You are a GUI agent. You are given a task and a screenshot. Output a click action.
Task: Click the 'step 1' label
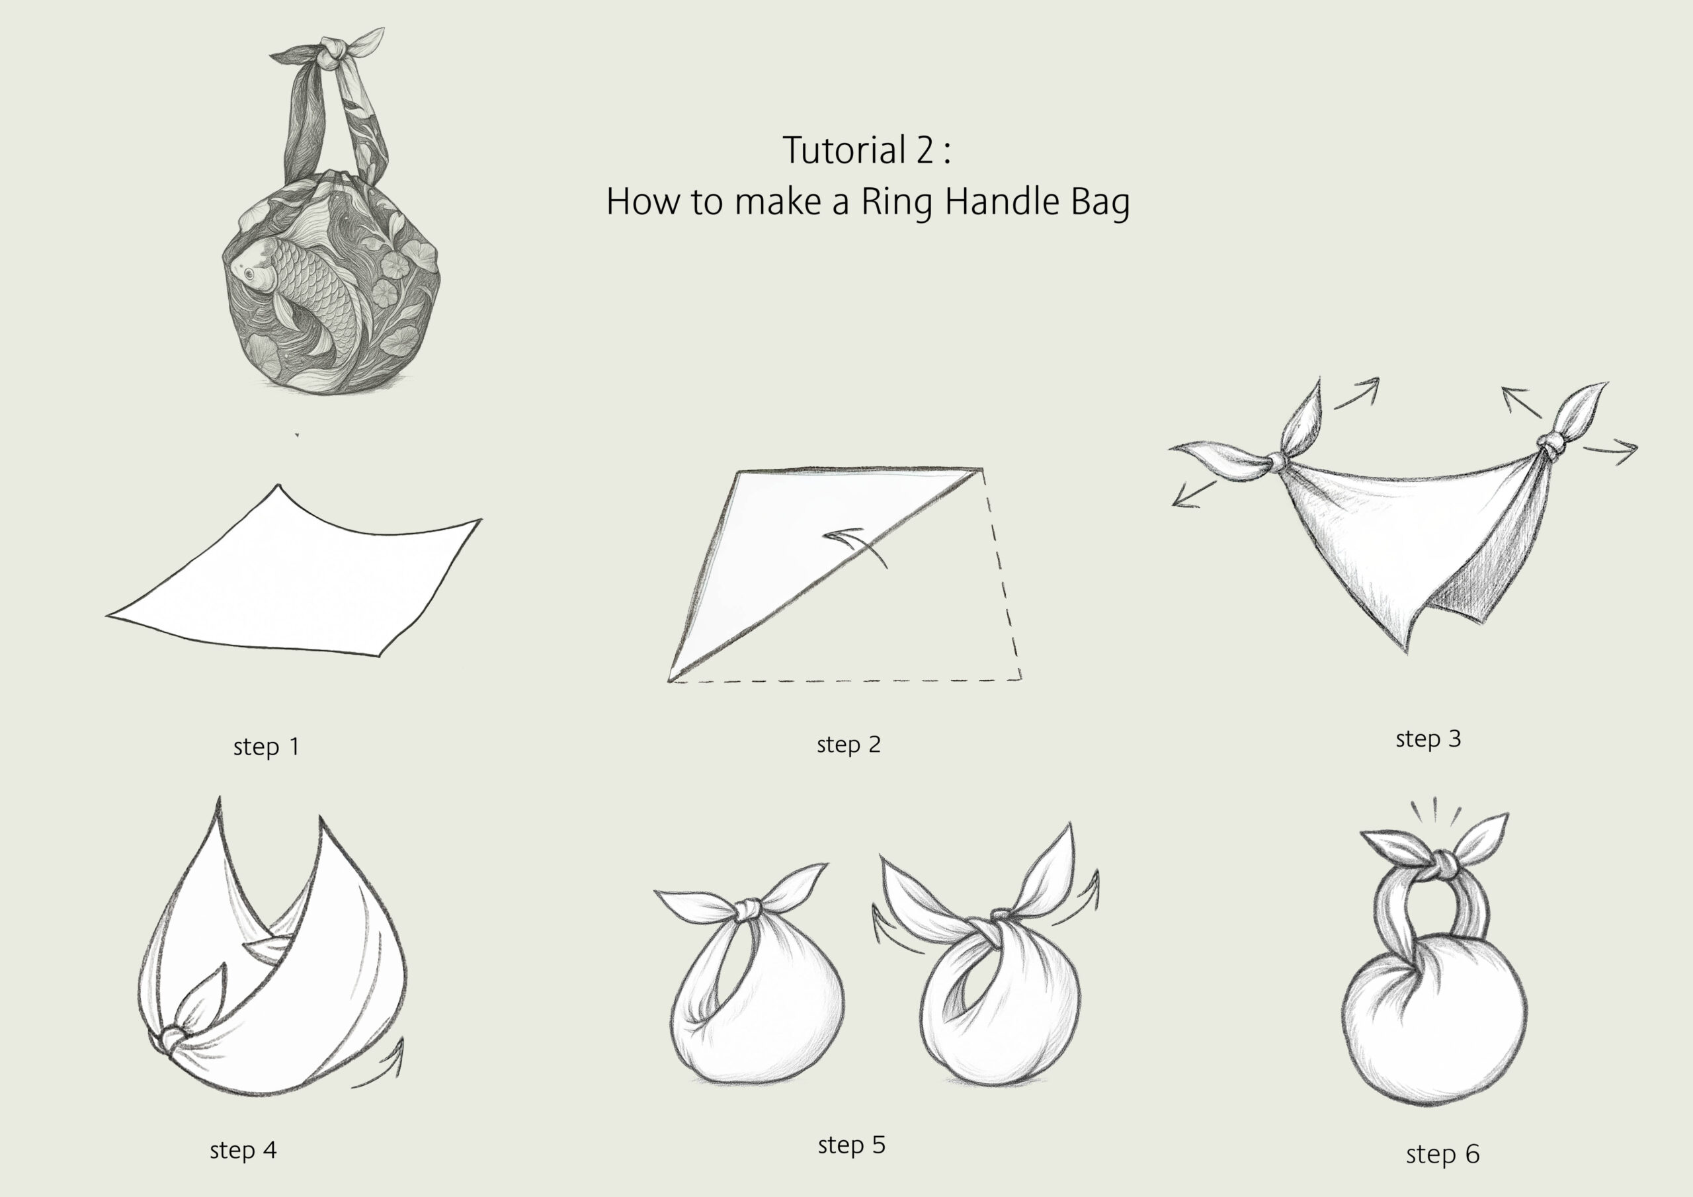(x=267, y=747)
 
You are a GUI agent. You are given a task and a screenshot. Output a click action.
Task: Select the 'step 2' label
(x=848, y=745)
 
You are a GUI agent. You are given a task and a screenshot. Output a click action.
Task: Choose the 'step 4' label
(x=243, y=1150)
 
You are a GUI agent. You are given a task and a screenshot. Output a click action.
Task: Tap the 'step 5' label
(x=852, y=1145)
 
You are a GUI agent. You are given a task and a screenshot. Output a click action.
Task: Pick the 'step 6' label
(x=1443, y=1154)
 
